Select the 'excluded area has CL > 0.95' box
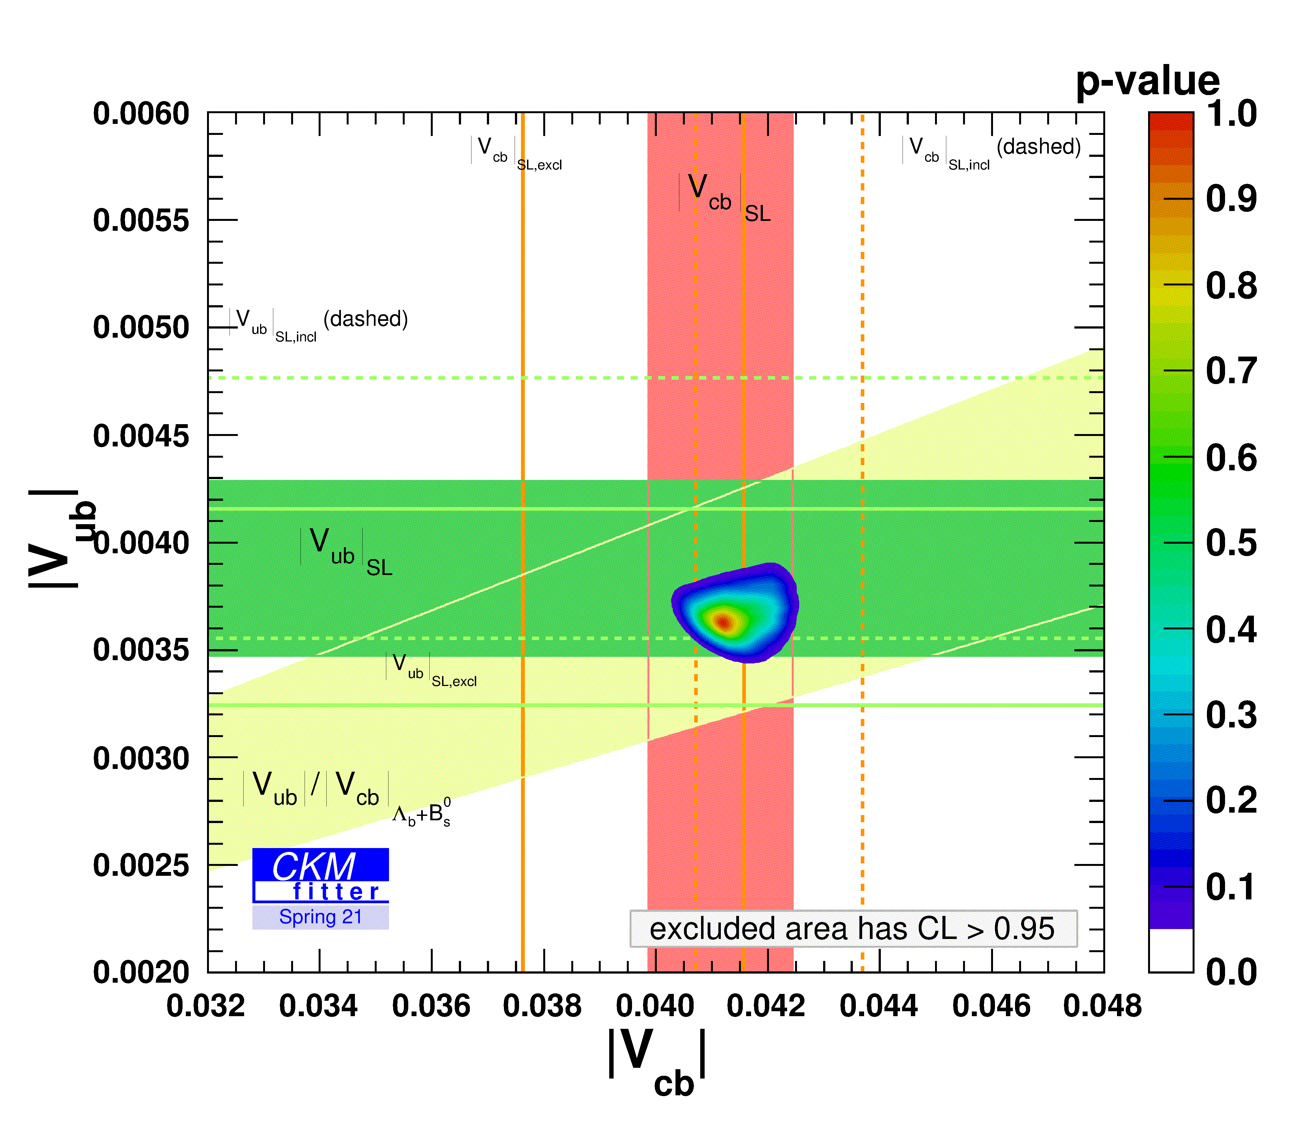tap(853, 929)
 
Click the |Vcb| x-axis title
tap(657, 1060)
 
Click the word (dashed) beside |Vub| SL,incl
tap(366, 319)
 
